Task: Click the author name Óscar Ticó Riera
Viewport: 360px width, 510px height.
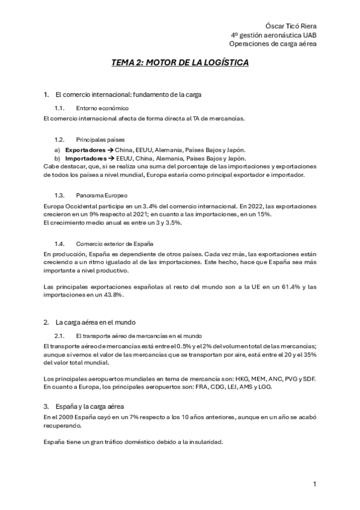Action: click(x=291, y=26)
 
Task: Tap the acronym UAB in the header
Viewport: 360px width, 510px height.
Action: click(x=308, y=35)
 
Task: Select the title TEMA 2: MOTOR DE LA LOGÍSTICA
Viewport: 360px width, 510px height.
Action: click(x=180, y=63)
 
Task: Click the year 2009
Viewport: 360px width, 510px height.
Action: click(x=62, y=416)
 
